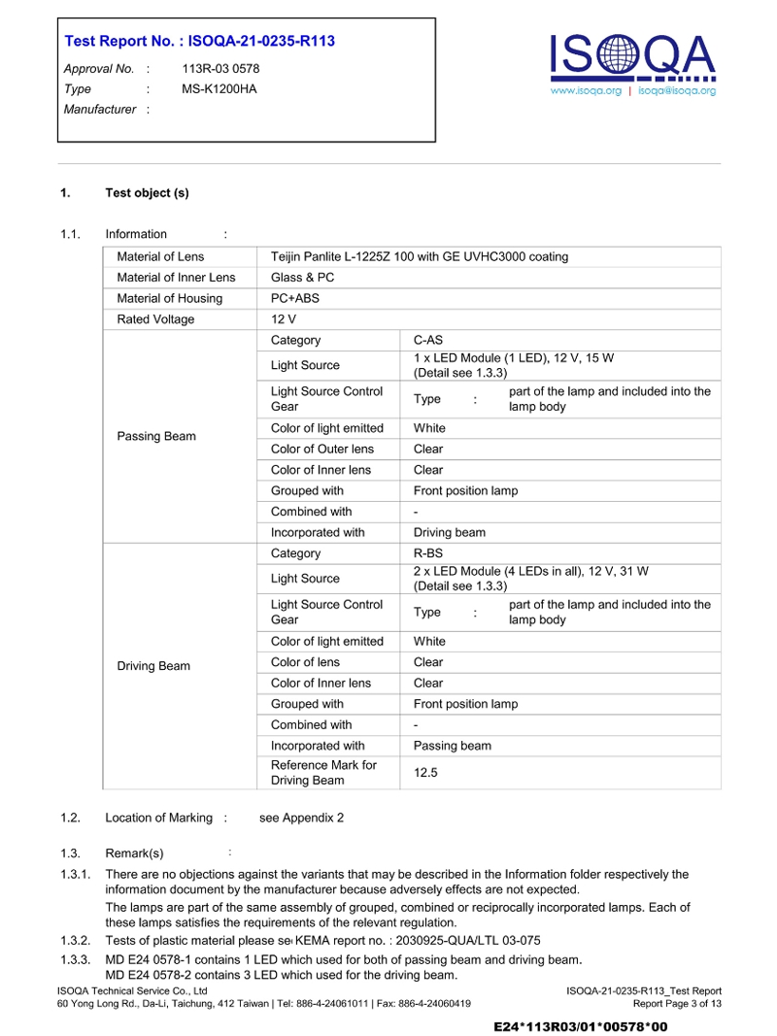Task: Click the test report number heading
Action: point(199,41)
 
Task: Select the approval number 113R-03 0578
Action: point(220,69)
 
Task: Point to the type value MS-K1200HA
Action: point(220,88)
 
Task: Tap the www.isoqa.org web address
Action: point(586,90)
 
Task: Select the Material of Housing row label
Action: point(169,298)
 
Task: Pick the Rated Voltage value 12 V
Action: point(284,319)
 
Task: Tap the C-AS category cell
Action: point(428,340)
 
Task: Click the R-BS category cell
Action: point(428,553)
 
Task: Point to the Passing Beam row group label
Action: point(156,436)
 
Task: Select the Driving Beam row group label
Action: point(153,666)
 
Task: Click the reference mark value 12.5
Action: point(425,772)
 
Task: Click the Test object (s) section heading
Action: point(147,192)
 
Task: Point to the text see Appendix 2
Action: point(301,818)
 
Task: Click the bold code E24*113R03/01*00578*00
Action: point(581,1025)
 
